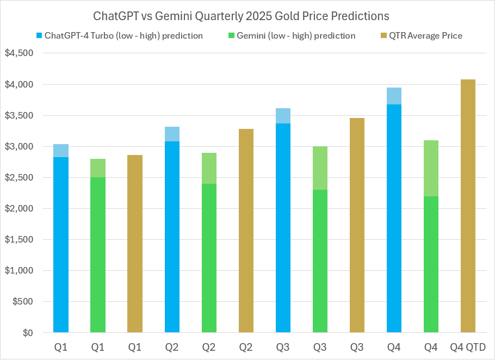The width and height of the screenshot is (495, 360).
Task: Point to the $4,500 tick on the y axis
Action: (x=19, y=53)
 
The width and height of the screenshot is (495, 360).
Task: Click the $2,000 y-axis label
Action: (x=19, y=209)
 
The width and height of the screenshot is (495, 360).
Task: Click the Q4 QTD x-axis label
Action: (x=468, y=347)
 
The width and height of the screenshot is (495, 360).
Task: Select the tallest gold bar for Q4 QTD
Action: (x=468, y=207)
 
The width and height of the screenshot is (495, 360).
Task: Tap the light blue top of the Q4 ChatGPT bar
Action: (x=394, y=96)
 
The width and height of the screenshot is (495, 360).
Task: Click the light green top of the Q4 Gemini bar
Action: (x=431, y=168)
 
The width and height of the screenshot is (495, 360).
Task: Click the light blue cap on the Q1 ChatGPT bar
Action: (x=60, y=151)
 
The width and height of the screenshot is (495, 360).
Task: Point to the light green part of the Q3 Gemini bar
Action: (x=320, y=168)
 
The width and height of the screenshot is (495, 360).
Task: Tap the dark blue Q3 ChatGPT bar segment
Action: (x=283, y=228)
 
